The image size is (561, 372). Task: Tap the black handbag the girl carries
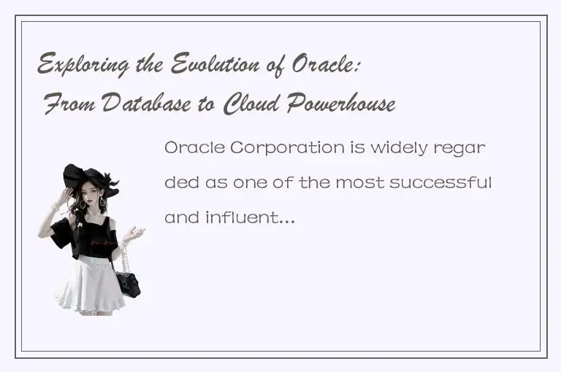(129, 282)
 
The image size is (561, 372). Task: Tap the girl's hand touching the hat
(68, 195)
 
